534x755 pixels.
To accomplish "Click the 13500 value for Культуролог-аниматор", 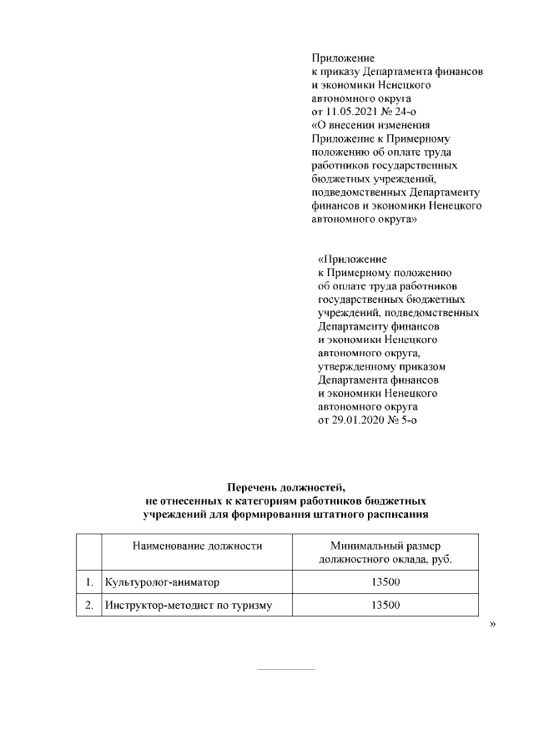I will point(385,581).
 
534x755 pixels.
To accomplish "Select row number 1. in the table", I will point(88,581).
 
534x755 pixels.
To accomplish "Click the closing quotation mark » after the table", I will point(492,623).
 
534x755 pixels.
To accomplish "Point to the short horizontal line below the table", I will point(285,669).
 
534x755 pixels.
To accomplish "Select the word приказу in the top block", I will point(341,72).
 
